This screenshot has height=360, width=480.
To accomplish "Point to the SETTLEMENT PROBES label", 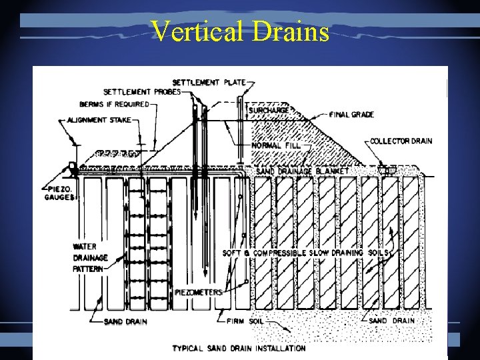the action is click(x=141, y=92).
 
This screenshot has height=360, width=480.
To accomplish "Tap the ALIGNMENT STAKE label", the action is click(x=98, y=120).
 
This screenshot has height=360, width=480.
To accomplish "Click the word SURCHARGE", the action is click(x=270, y=110).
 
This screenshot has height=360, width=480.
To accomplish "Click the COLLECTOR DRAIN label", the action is click(x=401, y=141).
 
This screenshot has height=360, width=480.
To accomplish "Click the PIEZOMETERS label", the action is click(x=199, y=292).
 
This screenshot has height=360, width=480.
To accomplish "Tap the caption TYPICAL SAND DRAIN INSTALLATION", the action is click(x=239, y=348).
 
